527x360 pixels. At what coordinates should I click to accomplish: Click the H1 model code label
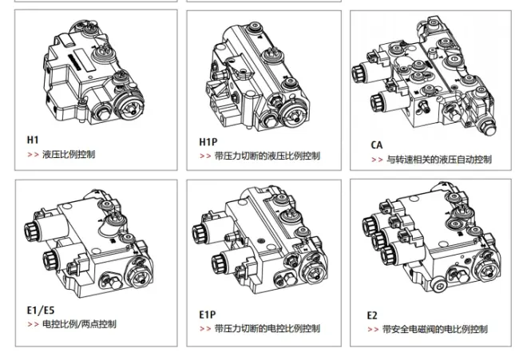tap(33, 139)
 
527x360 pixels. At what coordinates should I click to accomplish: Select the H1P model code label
tap(208, 141)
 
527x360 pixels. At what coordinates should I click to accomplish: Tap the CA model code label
tap(377, 144)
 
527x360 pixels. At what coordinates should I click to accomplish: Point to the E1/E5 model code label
tap(41, 310)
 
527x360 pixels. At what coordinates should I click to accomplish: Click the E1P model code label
tap(208, 314)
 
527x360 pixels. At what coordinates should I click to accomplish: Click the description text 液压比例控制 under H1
tap(69, 153)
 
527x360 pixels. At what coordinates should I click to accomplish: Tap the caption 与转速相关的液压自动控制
tap(439, 160)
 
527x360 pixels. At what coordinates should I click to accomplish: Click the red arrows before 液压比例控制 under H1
tap(33, 153)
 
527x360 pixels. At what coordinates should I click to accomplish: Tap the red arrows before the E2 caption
tap(373, 329)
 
